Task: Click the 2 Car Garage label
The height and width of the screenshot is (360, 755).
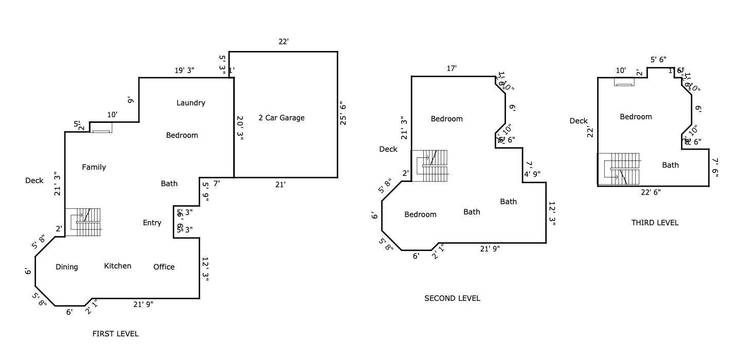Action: click(x=281, y=118)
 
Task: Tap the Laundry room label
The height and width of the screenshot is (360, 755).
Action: click(x=191, y=103)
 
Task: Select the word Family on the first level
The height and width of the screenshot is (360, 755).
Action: click(x=94, y=167)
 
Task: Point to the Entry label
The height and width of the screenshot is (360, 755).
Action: click(x=152, y=223)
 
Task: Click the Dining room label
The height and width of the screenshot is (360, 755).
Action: click(x=67, y=267)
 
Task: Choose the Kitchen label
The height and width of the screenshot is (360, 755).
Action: click(x=118, y=266)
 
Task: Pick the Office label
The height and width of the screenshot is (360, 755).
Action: click(x=164, y=267)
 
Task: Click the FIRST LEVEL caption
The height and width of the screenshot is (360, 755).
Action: click(x=115, y=334)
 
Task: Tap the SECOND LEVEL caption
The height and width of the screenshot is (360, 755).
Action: click(x=452, y=298)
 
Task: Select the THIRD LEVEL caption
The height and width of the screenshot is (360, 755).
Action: click(x=655, y=223)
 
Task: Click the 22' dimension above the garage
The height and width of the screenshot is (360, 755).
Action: click(x=283, y=42)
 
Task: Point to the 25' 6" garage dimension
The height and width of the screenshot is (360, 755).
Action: click(x=343, y=114)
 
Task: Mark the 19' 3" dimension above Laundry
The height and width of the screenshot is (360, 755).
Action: click(x=184, y=71)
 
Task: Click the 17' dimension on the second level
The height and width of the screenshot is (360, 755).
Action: click(x=452, y=68)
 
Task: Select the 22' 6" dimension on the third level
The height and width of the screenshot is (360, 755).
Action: click(x=651, y=192)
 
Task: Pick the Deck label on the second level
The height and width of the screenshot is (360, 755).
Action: click(x=388, y=149)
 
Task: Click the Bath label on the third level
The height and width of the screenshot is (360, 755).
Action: click(x=670, y=165)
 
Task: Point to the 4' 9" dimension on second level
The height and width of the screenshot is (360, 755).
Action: click(x=532, y=174)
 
